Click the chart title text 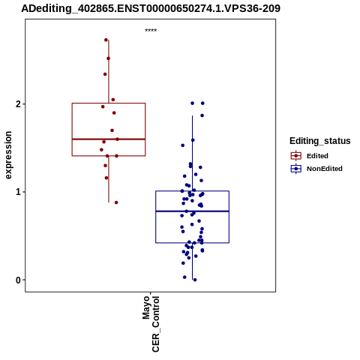point(151,8)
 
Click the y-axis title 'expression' point(8,155)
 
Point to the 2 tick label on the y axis point(18,104)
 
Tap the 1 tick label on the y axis point(18,192)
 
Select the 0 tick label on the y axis point(18,280)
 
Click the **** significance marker point(151,31)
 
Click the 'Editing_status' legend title point(320,141)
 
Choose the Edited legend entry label point(317,156)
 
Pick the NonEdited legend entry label point(325,169)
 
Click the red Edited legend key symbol point(296,156)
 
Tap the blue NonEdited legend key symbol point(296,169)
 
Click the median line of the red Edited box point(109,139)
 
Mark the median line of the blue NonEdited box point(192,211)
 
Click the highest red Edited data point point(106,40)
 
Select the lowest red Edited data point point(116,202)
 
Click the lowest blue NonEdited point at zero point(195,280)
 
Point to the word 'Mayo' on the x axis point(146,307)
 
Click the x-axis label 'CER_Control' point(155,324)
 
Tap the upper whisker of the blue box point(192,153)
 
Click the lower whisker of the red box point(109,179)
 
